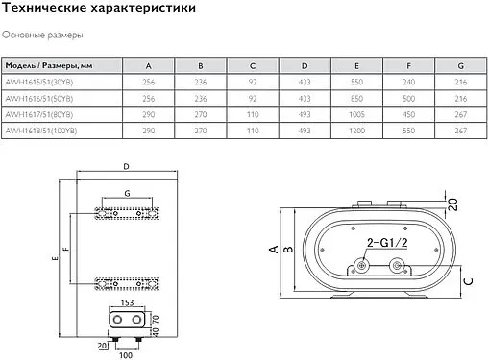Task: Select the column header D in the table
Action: point(305,65)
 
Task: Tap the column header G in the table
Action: point(460,65)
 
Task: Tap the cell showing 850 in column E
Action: point(356,98)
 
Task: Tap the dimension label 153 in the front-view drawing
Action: point(127,304)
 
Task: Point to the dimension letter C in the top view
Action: point(466,280)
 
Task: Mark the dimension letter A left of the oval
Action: point(274,251)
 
